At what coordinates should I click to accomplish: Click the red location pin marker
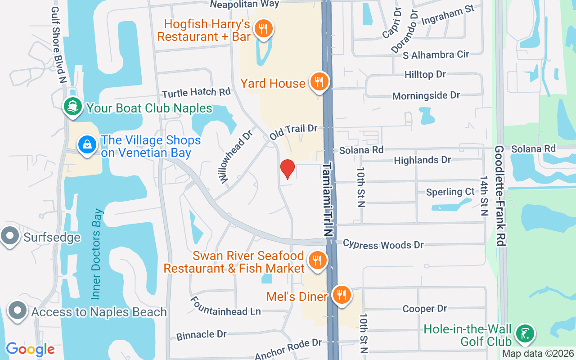pos(287,169)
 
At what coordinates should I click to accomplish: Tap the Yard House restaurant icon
pos(319,82)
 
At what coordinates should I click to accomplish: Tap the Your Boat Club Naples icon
pos(72,108)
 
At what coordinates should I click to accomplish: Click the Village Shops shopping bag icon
pos(88,145)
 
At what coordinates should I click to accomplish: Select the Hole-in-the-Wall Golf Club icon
pos(525,334)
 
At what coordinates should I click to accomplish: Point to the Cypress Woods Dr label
pos(383,244)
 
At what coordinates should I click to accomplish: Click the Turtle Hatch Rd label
pos(196,93)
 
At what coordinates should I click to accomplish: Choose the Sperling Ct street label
pos(450,192)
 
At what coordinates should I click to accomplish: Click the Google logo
pos(30,349)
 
